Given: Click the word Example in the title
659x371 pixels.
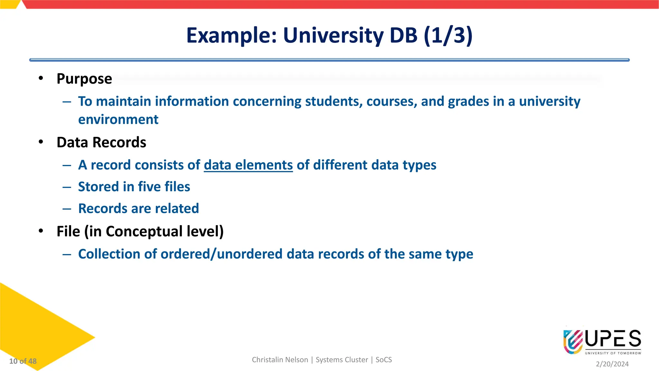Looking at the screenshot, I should click(231, 35).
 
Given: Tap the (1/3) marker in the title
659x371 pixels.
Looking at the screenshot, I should click(448, 35).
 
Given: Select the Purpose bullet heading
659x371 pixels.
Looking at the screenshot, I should click(84, 79).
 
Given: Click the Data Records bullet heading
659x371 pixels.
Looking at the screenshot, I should click(101, 142).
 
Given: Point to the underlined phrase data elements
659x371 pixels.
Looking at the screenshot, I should click(248, 165).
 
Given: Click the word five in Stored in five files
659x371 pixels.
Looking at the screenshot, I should click(149, 187).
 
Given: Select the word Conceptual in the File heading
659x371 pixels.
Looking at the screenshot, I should click(144, 232).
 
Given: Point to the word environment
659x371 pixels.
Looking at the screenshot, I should click(118, 120).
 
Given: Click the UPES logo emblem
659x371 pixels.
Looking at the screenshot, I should click(573, 342).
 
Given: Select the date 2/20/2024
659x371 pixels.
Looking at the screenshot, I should click(612, 364).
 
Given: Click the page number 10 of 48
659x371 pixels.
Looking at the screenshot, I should click(23, 361).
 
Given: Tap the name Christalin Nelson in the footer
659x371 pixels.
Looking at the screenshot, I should click(280, 360).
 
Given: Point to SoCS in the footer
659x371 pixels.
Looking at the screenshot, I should click(384, 360).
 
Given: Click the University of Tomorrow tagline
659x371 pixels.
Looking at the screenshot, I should click(613, 353).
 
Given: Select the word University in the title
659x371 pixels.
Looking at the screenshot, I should click(333, 35).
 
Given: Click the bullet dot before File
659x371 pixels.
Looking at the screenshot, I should click(41, 231).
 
